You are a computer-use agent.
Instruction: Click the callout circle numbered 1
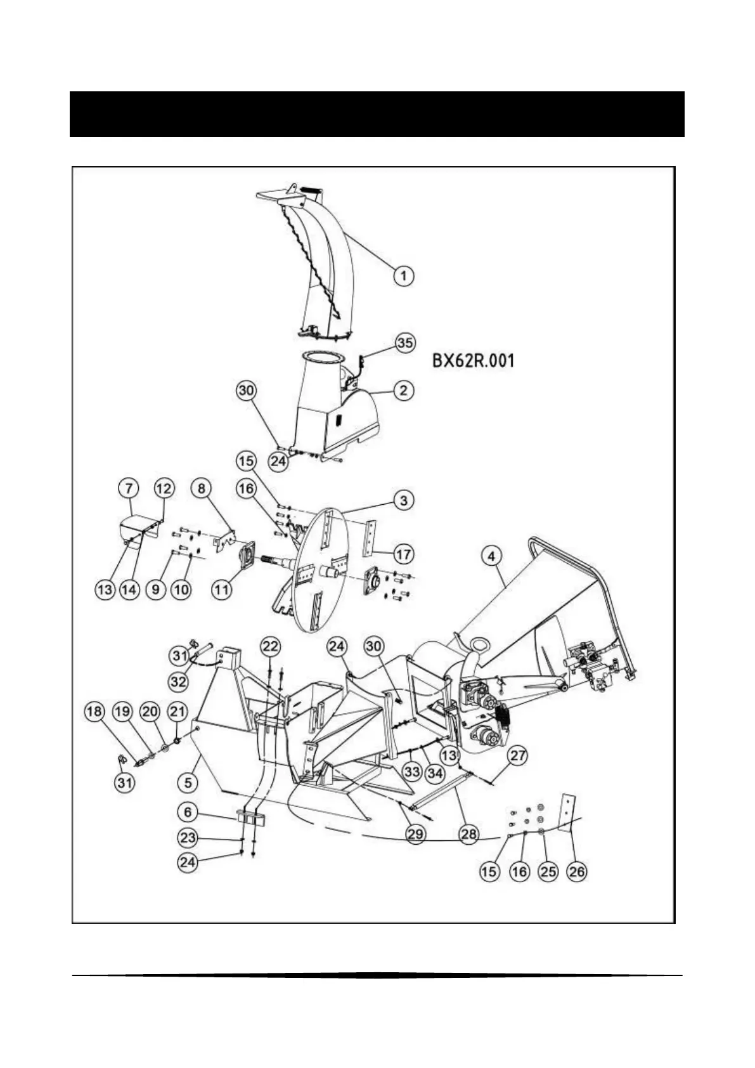tap(404, 276)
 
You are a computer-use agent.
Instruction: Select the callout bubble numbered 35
tap(404, 343)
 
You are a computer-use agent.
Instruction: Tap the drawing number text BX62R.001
tap(473, 361)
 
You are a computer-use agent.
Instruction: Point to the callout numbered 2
tap(404, 390)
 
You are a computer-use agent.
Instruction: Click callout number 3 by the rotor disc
tap(404, 500)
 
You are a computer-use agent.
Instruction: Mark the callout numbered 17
tap(404, 554)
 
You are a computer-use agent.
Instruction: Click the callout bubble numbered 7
tap(129, 488)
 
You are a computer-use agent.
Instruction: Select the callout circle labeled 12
tap(164, 488)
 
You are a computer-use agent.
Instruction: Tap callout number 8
tap(202, 488)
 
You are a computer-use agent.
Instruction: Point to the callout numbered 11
tap(221, 589)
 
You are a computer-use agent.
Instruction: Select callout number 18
tap(94, 712)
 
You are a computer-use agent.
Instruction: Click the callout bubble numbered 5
tap(188, 783)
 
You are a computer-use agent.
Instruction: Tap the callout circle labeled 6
tap(187, 812)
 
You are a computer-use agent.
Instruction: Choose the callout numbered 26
tap(576, 872)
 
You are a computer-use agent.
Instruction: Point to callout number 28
tap(468, 833)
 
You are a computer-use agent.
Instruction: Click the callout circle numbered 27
tap(518, 755)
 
